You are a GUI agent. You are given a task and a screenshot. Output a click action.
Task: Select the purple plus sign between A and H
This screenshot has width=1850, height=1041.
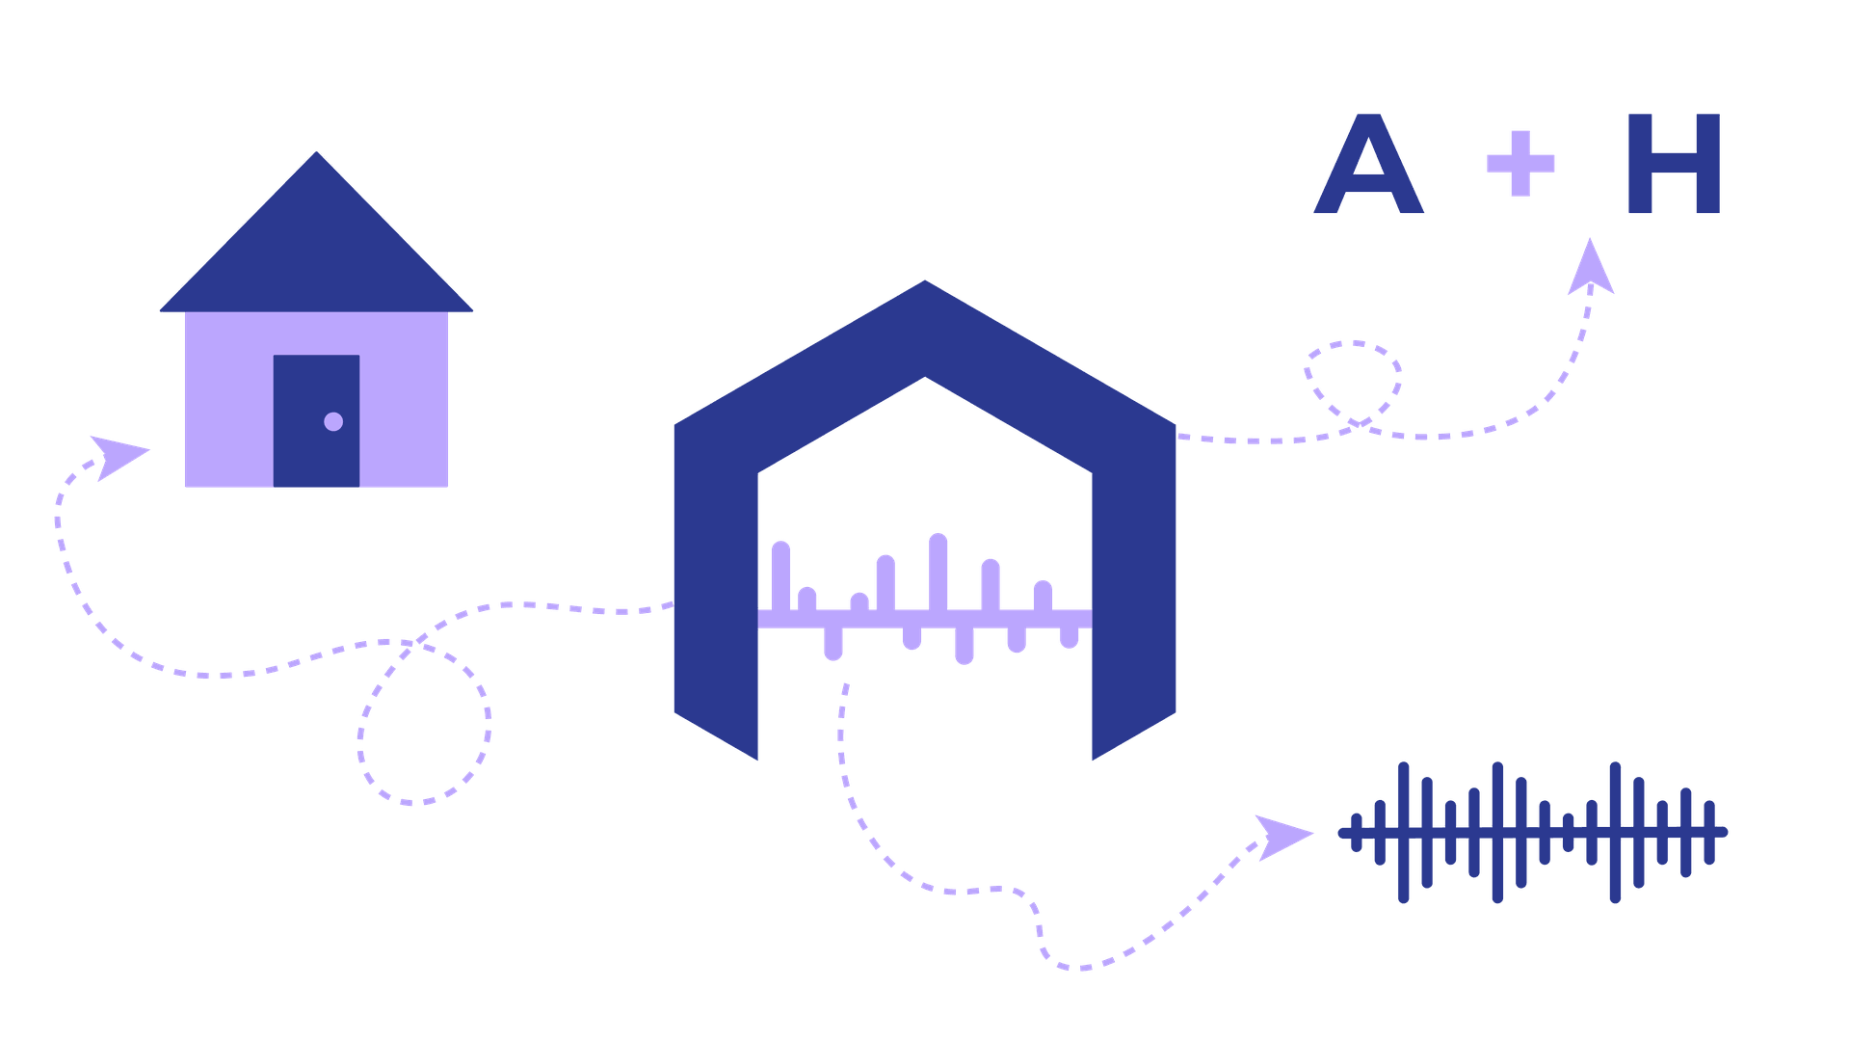(1520, 163)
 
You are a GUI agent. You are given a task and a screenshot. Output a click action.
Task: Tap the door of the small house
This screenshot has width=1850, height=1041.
(316, 421)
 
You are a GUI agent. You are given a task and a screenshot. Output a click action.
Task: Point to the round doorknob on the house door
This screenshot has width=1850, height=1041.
(333, 421)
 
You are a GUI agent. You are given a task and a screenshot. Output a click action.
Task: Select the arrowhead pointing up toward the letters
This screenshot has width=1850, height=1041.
(1590, 268)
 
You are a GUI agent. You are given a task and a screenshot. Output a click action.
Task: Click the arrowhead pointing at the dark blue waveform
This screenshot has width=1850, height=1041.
(1282, 837)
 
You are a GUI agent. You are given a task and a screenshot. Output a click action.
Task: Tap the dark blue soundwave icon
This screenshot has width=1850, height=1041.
(1532, 832)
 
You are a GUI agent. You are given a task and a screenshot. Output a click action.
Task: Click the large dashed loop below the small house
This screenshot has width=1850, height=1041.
(487, 718)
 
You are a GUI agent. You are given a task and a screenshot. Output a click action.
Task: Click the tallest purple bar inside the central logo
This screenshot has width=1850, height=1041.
(938, 573)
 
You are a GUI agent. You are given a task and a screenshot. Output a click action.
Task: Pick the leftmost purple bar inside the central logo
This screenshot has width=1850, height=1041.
(781, 576)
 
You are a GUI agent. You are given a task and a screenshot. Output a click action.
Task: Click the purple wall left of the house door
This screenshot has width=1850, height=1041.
(229, 399)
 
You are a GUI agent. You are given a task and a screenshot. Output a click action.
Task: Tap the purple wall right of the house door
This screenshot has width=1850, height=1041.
(404, 399)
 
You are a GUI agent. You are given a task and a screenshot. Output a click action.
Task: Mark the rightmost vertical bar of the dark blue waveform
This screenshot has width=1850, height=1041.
(1709, 832)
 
